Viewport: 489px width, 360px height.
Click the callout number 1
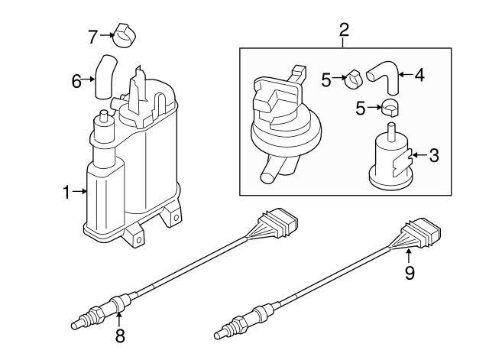(x=66, y=192)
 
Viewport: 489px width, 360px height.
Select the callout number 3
(x=434, y=157)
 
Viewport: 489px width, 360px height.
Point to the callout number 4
(x=419, y=75)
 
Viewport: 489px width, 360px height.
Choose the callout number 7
(x=92, y=35)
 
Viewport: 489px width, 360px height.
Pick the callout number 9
(x=410, y=273)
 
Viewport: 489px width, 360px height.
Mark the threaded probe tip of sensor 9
(x=224, y=331)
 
